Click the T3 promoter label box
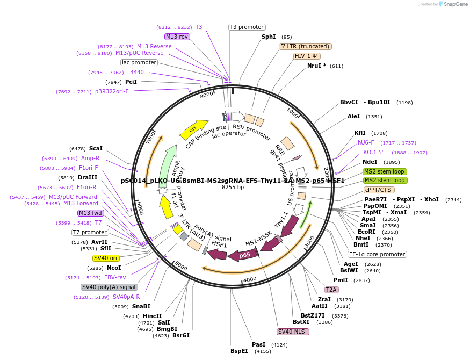247,27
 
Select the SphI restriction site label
269,37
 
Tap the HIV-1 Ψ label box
307,56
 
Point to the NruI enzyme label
315,66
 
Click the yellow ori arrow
194,128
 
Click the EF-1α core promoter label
377,254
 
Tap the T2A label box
331,290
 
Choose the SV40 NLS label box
293,332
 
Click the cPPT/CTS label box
379,190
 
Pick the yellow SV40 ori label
105,258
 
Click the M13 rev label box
177,37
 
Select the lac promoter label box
139,62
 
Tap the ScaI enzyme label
96,148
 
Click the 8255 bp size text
233,188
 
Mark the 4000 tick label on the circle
250,280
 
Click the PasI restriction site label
259,344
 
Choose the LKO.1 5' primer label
371,152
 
